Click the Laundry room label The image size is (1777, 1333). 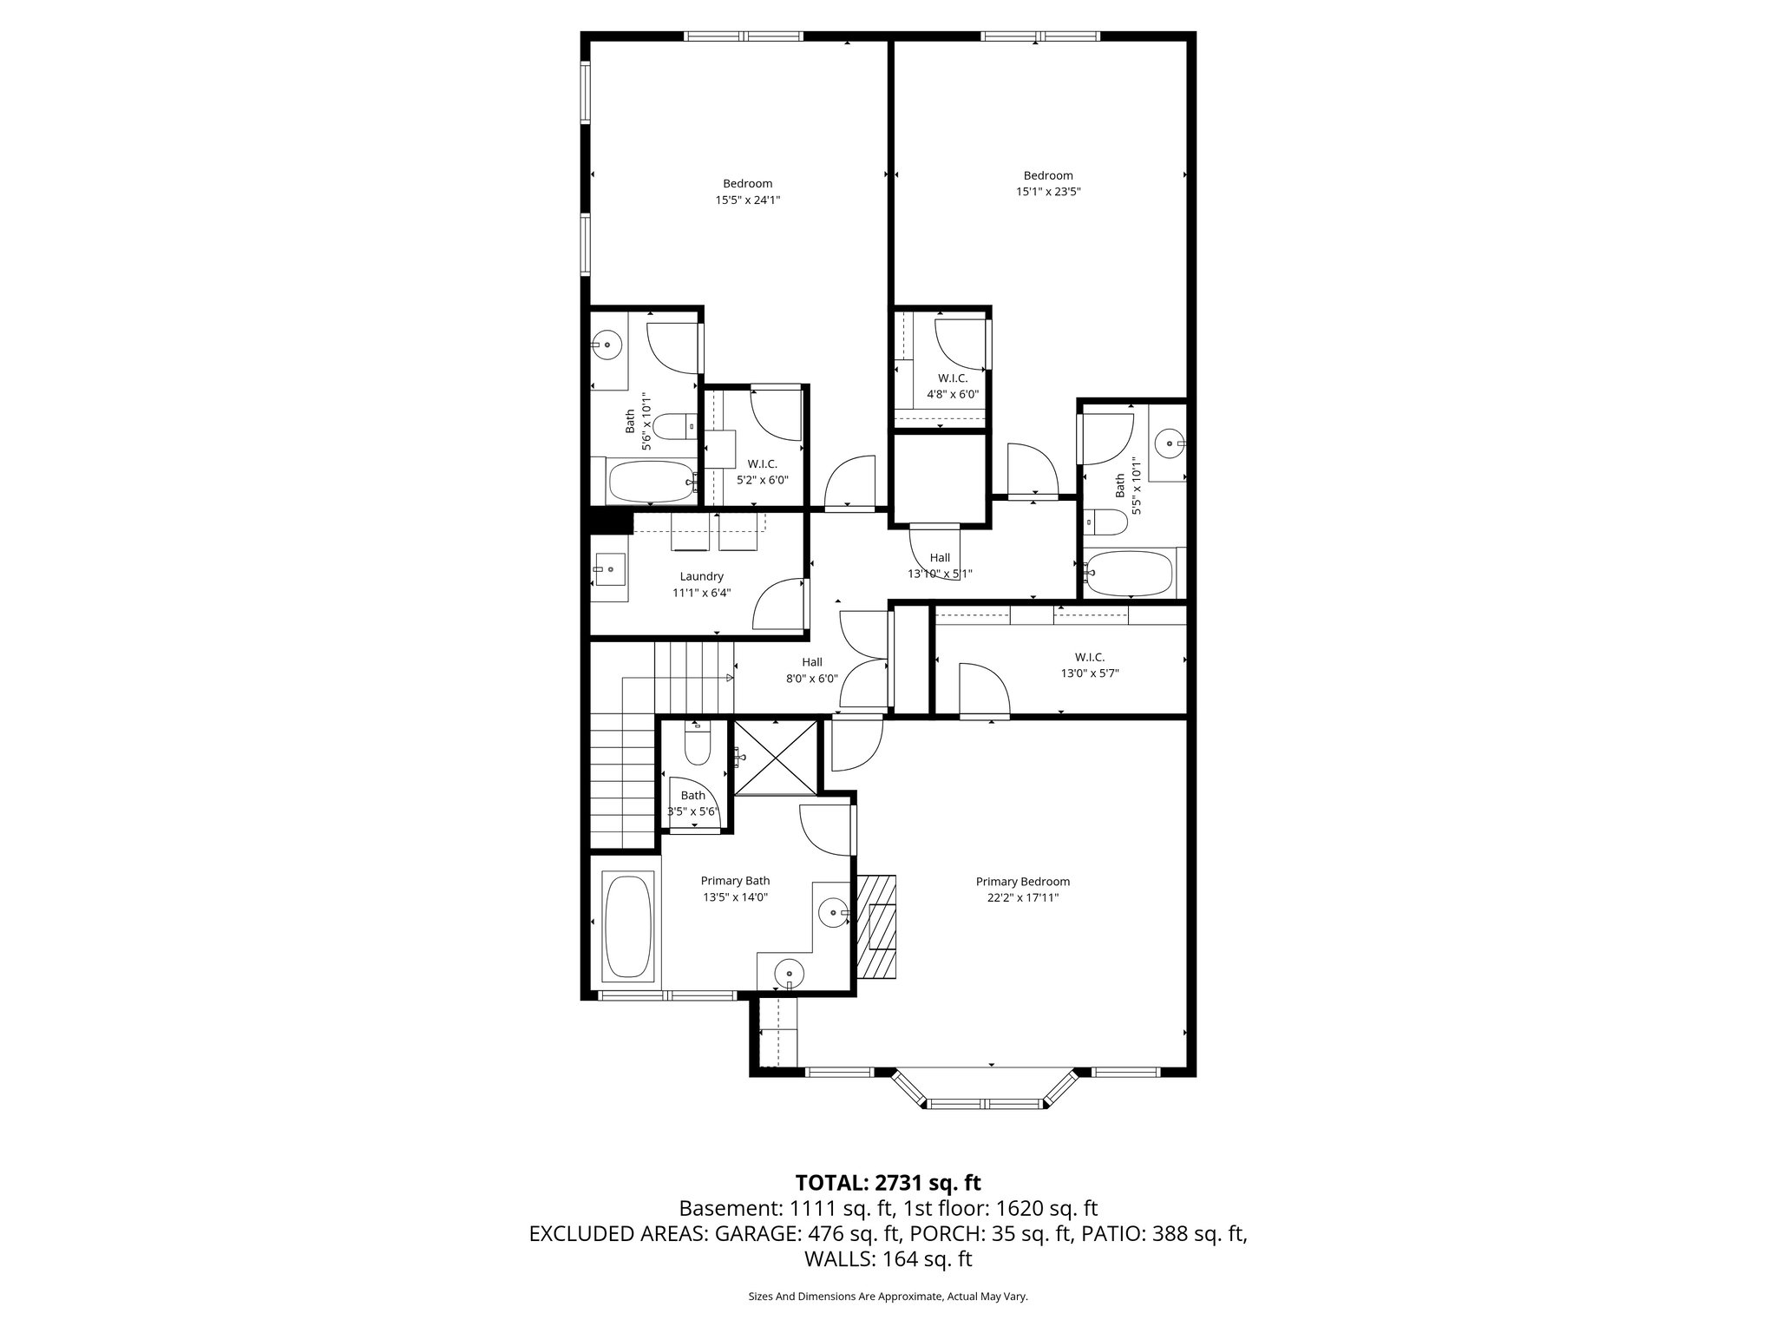coord(701,576)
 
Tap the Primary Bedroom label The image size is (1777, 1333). coord(1022,882)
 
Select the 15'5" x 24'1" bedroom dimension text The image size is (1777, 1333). coord(747,200)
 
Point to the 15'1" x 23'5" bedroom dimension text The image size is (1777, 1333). coord(1047,192)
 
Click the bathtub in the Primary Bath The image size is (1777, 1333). coord(626,927)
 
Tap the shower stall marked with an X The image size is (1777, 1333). coord(776,758)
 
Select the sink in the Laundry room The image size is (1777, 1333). coord(610,569)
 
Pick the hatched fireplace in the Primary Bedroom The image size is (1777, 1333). coord(876,925)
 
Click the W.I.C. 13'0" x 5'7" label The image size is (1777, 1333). coord(1089,665)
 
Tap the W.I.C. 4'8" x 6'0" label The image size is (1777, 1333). coord(952,386)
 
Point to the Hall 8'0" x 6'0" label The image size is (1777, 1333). coord(811,671)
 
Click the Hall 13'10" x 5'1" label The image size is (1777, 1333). coord(940,566)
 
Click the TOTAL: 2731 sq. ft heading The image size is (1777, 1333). coord(888,1183)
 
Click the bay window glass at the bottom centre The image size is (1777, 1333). coord(985,1104)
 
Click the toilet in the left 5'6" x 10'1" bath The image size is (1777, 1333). coord(671,427)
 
